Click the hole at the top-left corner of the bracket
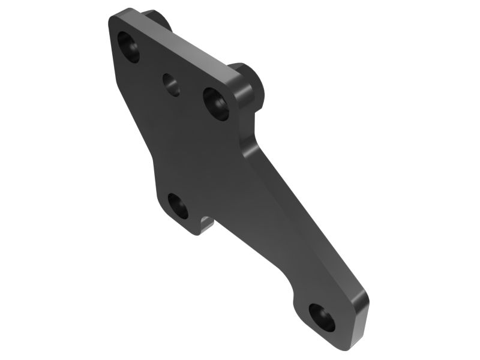128,47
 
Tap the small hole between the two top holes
171,85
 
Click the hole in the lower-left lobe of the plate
178,206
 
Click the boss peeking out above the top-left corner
157,18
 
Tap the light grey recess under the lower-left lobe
206,226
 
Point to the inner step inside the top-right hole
218,108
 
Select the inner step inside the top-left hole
131,52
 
